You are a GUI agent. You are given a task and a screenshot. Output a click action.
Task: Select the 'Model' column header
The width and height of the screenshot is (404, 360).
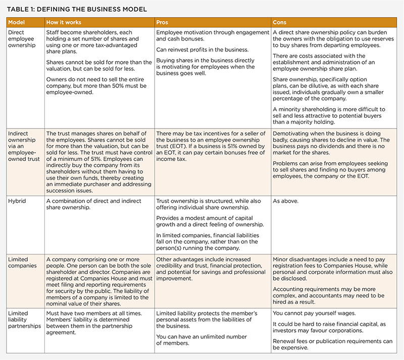18,23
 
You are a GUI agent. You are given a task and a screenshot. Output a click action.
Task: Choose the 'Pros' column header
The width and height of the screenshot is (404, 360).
163,23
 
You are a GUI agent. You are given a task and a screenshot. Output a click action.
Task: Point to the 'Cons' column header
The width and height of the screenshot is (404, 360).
280,23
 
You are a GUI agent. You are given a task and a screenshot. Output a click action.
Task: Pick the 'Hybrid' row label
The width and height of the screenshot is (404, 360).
17,200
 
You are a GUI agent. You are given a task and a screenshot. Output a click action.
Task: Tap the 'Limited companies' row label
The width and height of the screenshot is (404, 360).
22,262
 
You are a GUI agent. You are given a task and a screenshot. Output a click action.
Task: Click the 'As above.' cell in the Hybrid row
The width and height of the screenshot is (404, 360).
285,200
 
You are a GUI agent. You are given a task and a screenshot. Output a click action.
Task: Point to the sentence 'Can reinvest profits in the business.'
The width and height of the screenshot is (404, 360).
203,50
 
